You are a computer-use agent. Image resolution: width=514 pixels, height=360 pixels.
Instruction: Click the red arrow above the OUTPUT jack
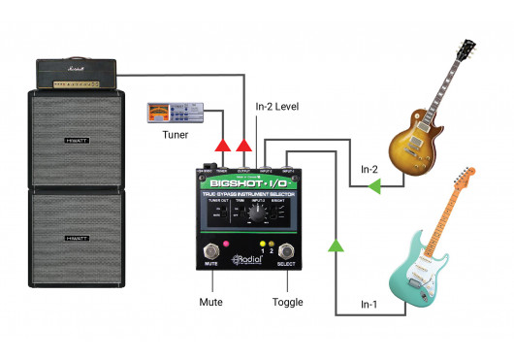click(243, 146)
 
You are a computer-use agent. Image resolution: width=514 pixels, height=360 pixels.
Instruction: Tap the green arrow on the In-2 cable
click(373, 190)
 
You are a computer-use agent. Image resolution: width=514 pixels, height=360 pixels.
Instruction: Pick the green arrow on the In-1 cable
click(336, 247)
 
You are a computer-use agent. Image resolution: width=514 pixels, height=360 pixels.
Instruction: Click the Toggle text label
click(287, 302)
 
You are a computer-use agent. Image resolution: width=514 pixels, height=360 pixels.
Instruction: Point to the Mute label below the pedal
click(210, 302)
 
